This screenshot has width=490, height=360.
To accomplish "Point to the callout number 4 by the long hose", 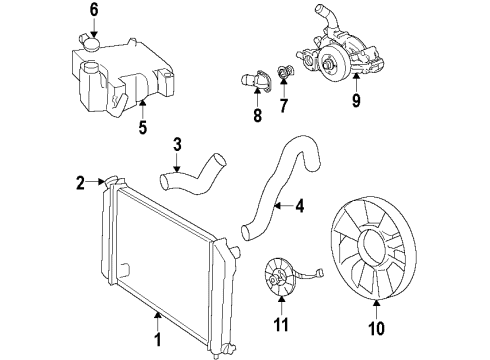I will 298,208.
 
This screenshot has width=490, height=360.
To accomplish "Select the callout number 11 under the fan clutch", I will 282,324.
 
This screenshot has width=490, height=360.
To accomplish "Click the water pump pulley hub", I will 326,69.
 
